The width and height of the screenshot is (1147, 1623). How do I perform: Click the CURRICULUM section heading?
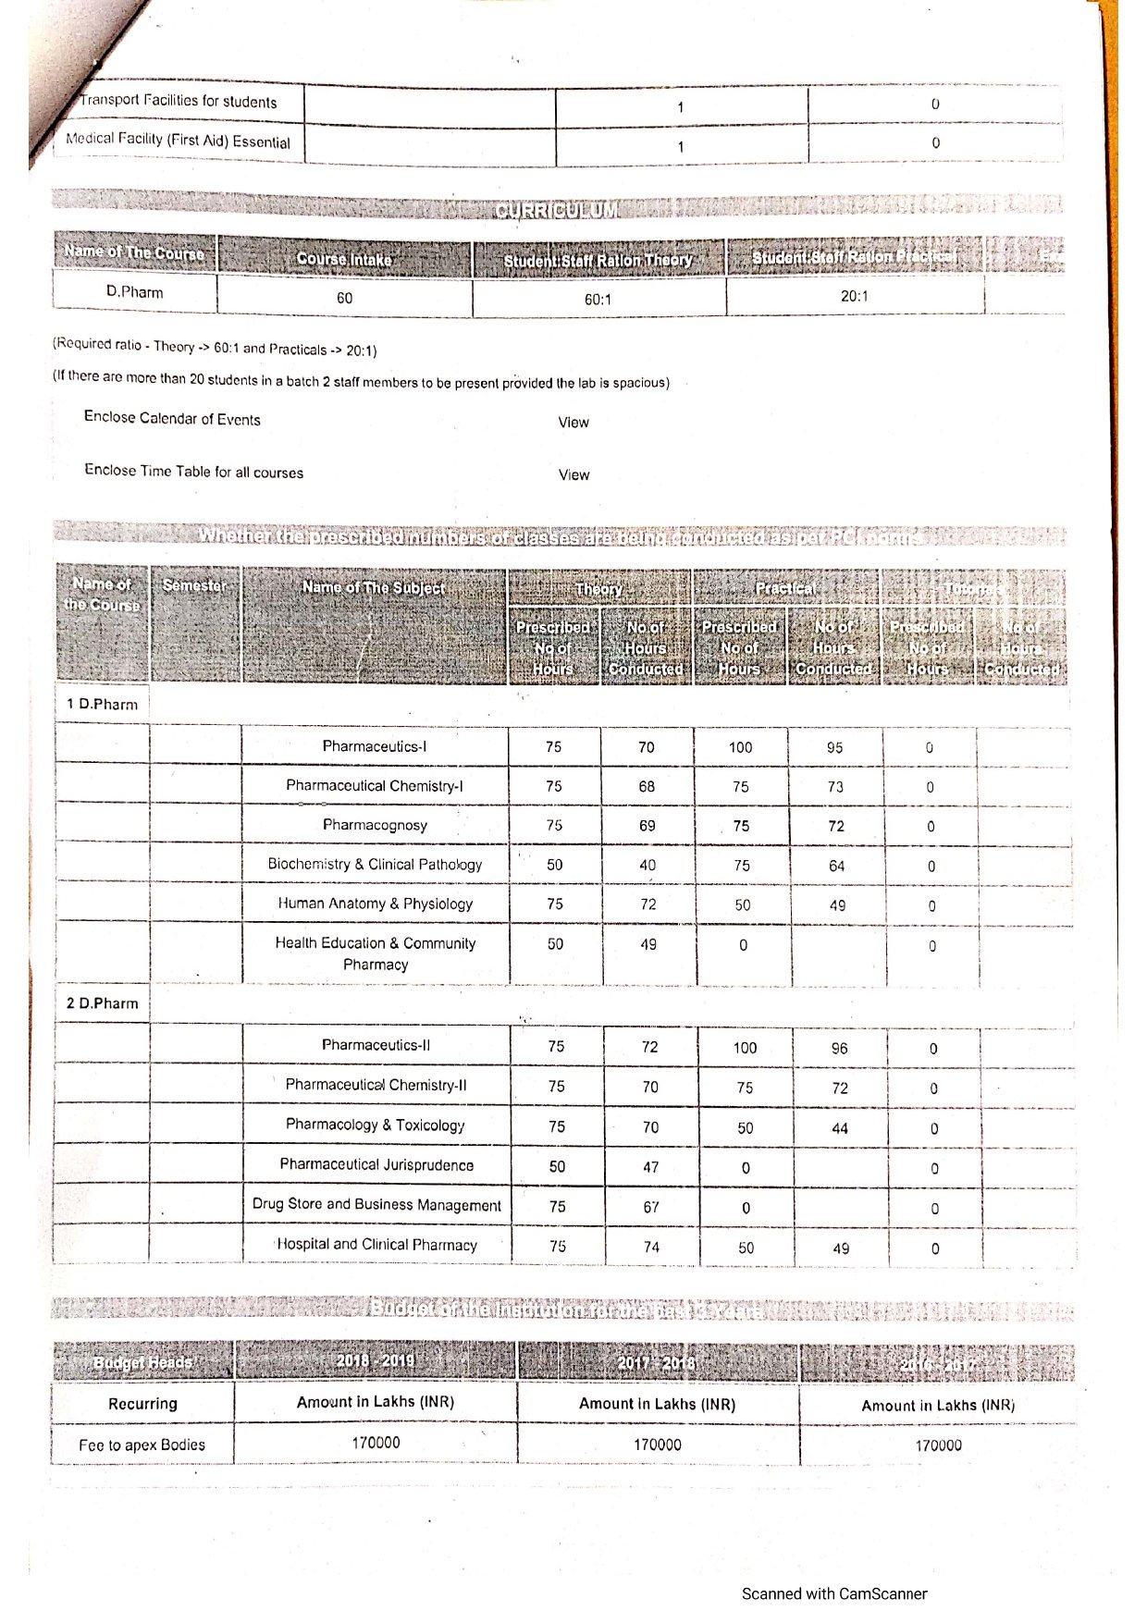click(556, 210)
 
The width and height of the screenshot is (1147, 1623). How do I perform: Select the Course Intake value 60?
click(344, 298)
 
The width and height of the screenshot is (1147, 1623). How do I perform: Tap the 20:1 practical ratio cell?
click(854, 296)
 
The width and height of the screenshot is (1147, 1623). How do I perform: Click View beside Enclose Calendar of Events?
click(573, 423)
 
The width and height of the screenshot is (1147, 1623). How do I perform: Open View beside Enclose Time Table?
click(573, 475)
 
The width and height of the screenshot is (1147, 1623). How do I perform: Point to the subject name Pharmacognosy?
click(375, 825)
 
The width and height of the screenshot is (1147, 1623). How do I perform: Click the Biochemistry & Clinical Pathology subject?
click(375, 865)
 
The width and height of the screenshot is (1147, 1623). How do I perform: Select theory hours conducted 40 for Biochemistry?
click(647, 866)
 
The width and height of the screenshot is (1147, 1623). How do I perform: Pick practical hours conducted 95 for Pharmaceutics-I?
click(834, 747)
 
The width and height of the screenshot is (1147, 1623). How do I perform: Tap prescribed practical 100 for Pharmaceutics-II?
click(745, 1048)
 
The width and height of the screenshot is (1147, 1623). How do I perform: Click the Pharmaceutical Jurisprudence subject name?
click(376, 1165)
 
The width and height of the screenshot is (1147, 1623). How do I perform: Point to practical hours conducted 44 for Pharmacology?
click(840, 1128)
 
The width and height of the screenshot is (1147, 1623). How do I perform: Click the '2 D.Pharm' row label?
click(102, 1003)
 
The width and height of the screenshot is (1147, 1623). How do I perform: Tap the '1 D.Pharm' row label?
click(102, 705)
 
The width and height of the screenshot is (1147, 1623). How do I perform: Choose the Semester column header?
click(194, 585)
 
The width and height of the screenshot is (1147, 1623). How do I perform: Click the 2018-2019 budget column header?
click(375, 1360)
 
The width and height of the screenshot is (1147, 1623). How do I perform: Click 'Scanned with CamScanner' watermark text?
click(833, 1593)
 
